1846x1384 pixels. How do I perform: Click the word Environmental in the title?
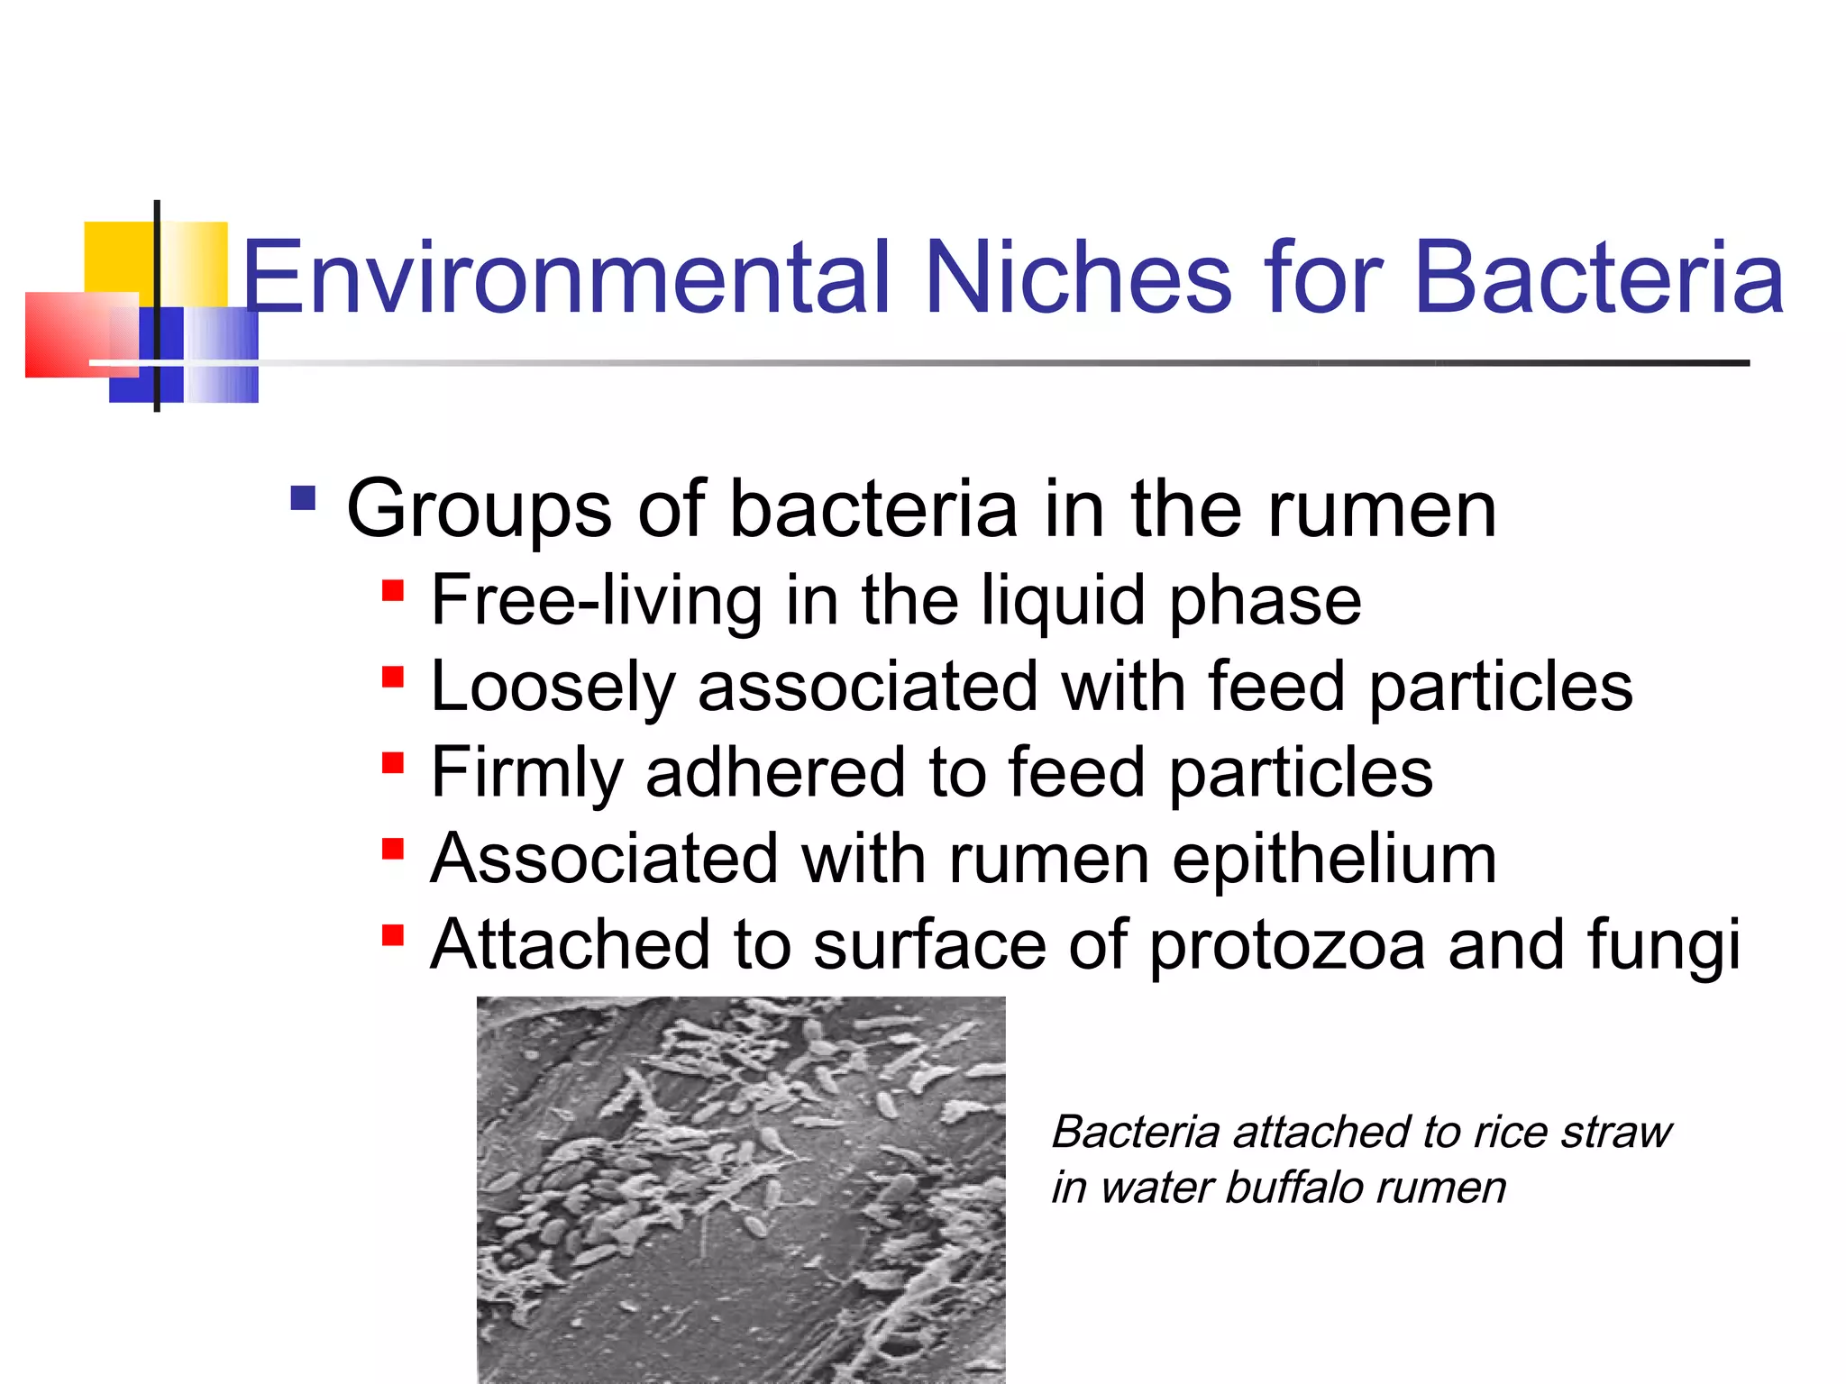coord(568,278)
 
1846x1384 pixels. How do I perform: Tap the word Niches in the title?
coord(1078,278)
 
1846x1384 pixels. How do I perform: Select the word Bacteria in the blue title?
coord(1599,278)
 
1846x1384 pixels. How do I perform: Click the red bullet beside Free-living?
coord(393,591)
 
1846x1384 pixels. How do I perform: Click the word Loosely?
coord(553,687)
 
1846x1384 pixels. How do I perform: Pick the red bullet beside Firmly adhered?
coord(393,763)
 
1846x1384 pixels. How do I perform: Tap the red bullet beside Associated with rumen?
coord(393,849)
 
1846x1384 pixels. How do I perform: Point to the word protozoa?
coord(1287,945)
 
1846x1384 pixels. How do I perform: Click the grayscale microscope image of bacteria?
coord(741,1189)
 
